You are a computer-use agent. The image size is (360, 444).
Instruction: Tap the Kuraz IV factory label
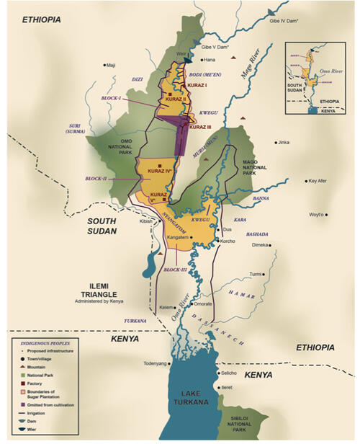(158, 171)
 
